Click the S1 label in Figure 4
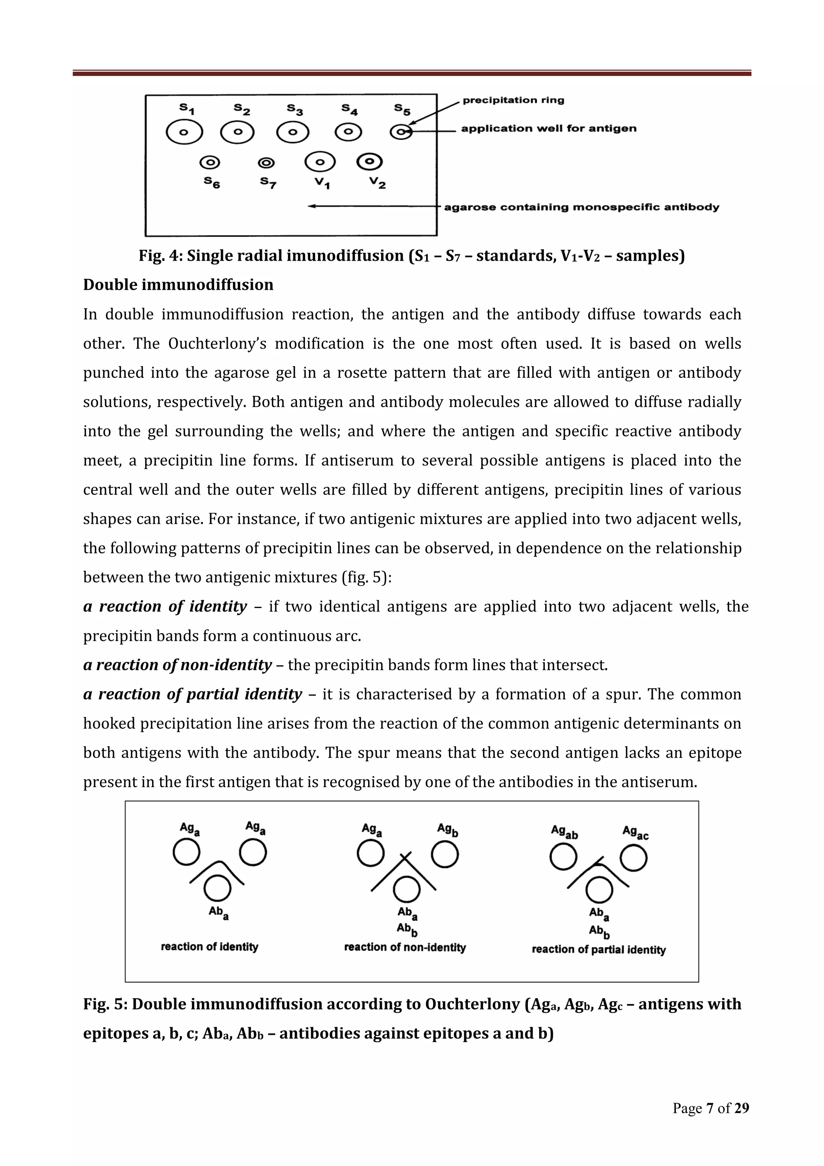pyautogui.click(x=187, y=108)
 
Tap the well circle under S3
pyautogui.click(x=293, y=132)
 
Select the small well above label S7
pyautogui.click(x=266, y=163)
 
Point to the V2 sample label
pyautogui.click(x=377, y=182)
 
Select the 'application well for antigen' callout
pyautogui.click(x=548, y=128)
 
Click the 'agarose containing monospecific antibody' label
pyautogui.click(x=581, y=207)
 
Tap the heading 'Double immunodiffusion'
pyautogui.click(x=178, y=285)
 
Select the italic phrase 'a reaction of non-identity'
pyautogui.click(x=178, y=665)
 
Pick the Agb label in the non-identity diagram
pyautogui.click(x=448, y=830)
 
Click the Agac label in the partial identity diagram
pyautogui.click(x=635, y=832)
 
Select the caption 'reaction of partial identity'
pyautogui.click(x=599, y=950)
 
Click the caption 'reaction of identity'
pyautogui.click(x=210, y=947)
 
